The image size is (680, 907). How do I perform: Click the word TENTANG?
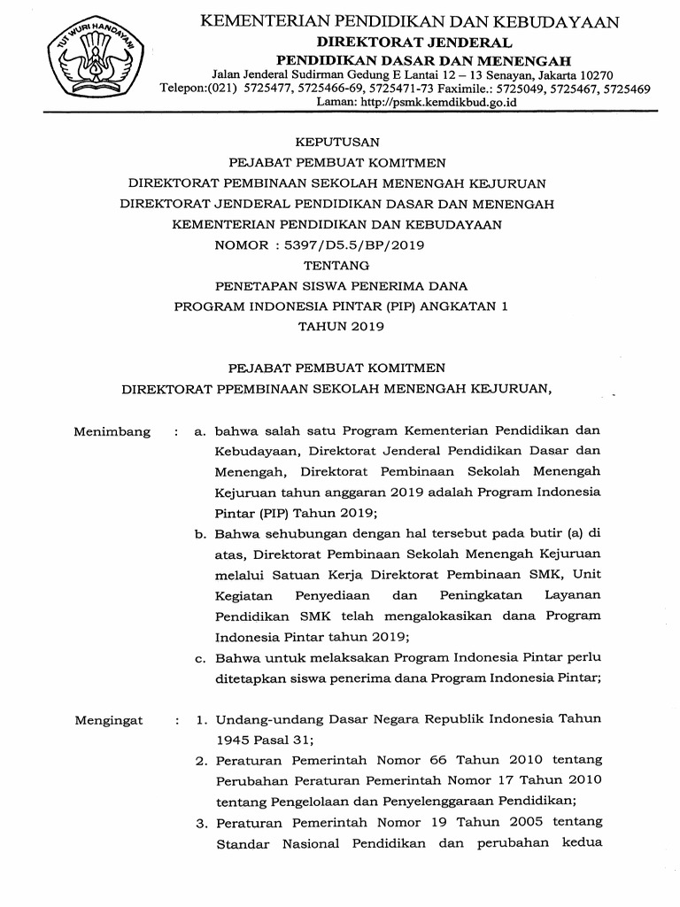point(336,265)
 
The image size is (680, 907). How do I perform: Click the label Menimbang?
point(112,432)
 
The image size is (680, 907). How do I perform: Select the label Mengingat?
point(109,721)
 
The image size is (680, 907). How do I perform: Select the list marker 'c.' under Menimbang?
point(200,657)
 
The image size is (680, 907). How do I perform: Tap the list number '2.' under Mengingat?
point(201,759)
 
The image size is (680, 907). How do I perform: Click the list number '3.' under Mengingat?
point(201,823)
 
